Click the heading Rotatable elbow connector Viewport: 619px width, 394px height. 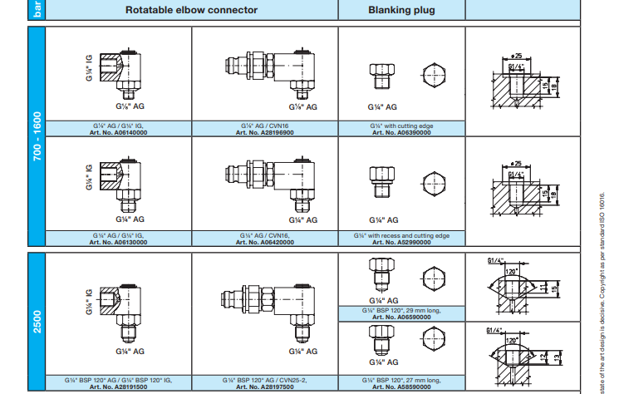[x=191, y=10]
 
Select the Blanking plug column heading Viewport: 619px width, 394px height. [x=401, y=10]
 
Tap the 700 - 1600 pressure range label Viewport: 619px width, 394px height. [x=37, y=136]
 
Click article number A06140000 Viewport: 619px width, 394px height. [x=119, y=131]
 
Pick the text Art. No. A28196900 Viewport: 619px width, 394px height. [x=265, y=131]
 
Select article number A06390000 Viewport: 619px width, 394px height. [x=401, y=131]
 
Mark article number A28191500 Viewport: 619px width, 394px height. [x=119, y=387]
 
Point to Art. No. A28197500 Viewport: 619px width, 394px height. [x=265, y=387]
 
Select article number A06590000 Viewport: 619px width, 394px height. [x=401, y=316]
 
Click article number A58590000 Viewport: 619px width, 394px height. [x=401, y=387]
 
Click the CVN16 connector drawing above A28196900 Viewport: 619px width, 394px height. [x=266, y=71]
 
